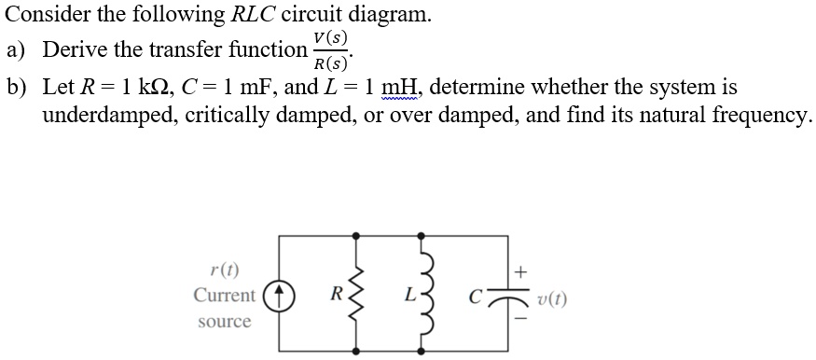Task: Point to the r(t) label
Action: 224,270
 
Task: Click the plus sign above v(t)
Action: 520,271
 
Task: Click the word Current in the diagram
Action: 224,296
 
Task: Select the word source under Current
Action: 224,322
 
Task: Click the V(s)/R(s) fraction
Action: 331,51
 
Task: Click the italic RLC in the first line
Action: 258,15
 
